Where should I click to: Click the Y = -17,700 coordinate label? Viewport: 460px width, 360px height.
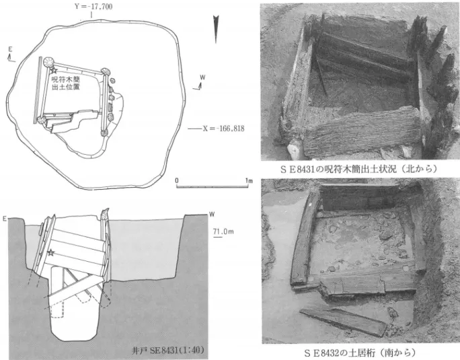click(93, 7)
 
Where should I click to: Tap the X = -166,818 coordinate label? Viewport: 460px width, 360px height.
click(223, 129)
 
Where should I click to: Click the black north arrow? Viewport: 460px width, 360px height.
click(216, 29)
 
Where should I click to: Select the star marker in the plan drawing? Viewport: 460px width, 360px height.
click(54, 70)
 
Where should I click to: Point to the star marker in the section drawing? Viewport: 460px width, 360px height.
click(51, 252)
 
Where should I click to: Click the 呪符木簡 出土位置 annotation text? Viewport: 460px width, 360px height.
click(65, 83)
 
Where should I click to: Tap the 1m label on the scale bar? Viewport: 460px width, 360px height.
click(249, 180)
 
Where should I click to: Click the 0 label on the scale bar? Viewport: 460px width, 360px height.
click(177, 180)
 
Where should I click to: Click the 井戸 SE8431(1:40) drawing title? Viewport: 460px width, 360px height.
click(168, 350)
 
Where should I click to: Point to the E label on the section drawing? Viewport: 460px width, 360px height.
click(5, 219)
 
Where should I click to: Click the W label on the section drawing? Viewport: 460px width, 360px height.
click(212, 215)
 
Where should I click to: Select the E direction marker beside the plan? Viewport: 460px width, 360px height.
click(11, 55)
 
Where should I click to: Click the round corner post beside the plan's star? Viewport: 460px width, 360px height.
click(48, 63)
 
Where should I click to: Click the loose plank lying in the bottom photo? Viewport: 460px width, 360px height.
click(343, 321)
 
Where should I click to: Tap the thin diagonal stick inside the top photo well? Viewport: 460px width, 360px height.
click(321, 74)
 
